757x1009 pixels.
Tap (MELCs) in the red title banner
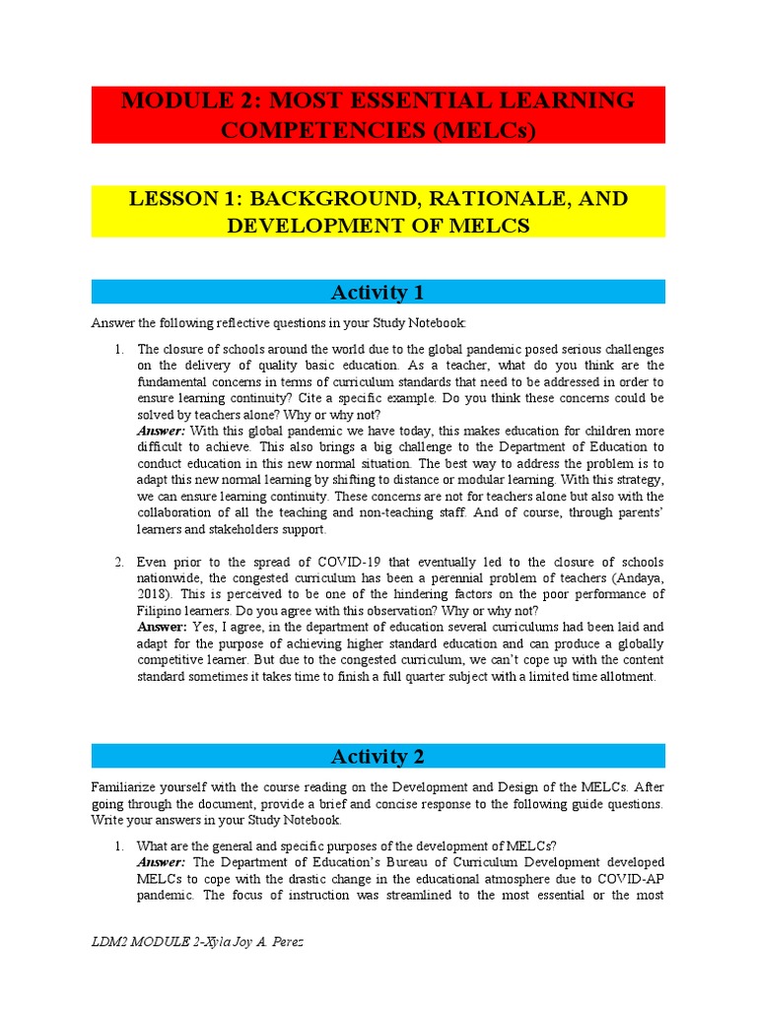pos(481,130)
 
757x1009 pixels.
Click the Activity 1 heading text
pos(378,292)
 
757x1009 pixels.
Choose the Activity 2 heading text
pos(378,756)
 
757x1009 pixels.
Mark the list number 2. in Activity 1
pos(117,562)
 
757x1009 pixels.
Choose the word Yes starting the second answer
pos(202,627)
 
